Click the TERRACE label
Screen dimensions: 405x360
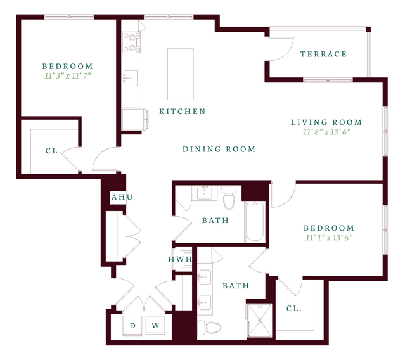coord(323,54)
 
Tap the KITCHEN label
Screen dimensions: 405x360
coord(183,112)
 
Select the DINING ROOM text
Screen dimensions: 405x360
coord(219,149)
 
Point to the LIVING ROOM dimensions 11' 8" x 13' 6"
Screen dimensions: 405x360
coord(326,132)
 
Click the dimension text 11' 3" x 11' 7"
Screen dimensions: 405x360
coord(68,75)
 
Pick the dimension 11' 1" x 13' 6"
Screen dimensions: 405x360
coord(329,237)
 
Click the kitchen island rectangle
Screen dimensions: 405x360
coord(180,74)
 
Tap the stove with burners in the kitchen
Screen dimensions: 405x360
coord(131,42)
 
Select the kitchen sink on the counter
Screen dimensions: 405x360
coord(131,78)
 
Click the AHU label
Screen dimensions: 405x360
coord(122,197)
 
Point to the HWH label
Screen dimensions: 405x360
coord(180,259)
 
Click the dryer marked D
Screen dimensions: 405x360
coord(132,325)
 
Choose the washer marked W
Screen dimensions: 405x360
coord(155,325)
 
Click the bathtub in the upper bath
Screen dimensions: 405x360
coord(255,222)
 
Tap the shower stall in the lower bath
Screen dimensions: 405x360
coord(260,321)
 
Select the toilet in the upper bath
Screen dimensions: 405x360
coord(229,197)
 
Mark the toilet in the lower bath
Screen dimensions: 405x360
coord(210,328)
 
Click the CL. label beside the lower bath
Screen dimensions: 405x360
coord(294,309)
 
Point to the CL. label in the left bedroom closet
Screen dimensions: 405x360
coord(53,151)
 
